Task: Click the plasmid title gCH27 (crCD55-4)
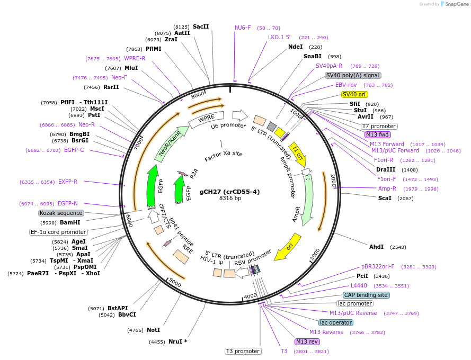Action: click(x=230, y=192)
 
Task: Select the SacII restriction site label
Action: click(x=201, y=26)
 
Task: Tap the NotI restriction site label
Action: click(x=154, y=330)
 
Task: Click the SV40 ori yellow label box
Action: click(x=354, y=94)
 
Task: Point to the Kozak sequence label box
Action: click(x=61, y=213)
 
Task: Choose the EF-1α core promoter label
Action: click(x=58, y=232)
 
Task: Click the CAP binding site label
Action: click(x=366, y=295)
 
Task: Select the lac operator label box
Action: click(x=336, y=322)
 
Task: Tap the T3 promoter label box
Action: click(x=243, y=351)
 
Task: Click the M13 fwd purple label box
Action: click(x=377, y=134)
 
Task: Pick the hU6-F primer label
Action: click(x=243, y=28)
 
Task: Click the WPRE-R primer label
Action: click(x=135, y=58)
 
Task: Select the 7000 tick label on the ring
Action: click(x=139, y=143)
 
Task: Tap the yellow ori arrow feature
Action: click(x=287, y=247)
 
